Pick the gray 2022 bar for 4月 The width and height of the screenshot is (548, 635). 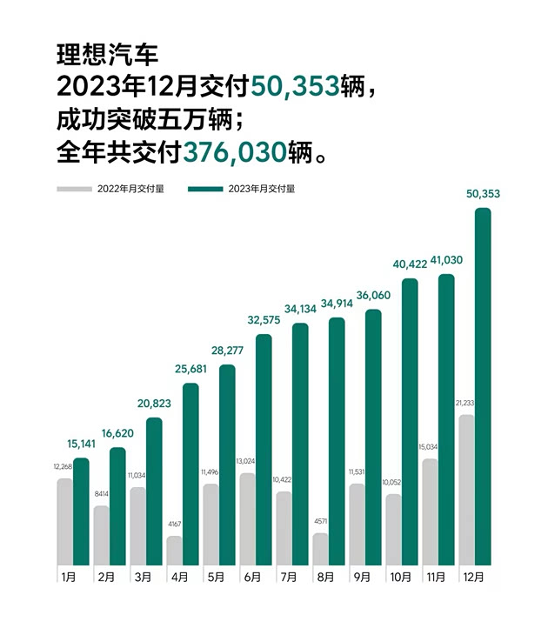tap(175, 551)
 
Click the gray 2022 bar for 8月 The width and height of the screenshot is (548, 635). tap(320, 549)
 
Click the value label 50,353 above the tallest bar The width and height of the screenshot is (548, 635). tap(483, 194)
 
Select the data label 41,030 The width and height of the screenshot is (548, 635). tap(446, 261)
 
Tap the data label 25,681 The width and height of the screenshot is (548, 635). tap(190, 370)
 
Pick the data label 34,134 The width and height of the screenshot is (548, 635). tap(300, 310)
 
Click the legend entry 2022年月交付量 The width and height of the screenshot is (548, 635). tap(131, 188)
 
